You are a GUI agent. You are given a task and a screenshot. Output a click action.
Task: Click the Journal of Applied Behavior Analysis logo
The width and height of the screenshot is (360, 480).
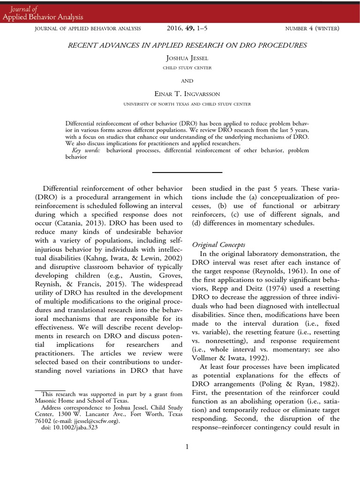43,13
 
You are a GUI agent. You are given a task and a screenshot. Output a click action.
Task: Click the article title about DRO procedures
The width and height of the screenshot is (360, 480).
186,45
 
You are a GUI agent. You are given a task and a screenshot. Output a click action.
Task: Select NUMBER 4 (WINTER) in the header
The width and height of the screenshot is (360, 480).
312,29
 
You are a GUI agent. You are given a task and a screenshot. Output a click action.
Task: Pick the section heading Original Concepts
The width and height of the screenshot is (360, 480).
218,245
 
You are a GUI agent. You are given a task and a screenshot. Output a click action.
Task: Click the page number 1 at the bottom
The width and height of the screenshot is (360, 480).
187,447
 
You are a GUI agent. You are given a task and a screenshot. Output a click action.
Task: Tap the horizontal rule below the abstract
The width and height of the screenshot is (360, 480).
187,172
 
